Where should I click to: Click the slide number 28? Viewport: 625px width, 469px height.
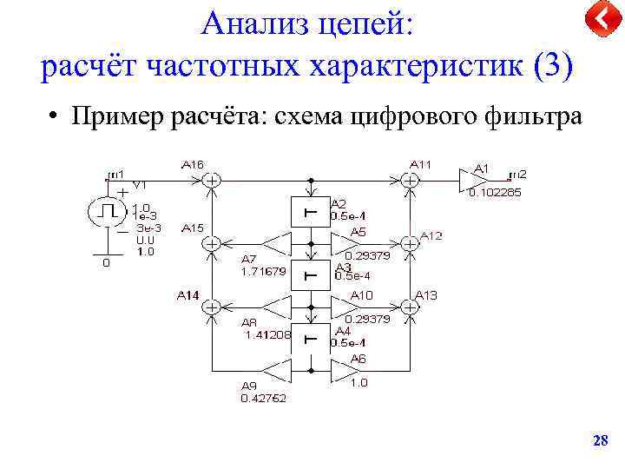(600, 441)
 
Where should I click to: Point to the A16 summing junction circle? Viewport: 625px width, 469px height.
(211, 181)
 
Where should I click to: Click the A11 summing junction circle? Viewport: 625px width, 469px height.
(411, 181)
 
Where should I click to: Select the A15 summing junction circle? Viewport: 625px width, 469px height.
(211, 244)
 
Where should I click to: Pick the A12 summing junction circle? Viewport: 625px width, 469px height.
(411, 244)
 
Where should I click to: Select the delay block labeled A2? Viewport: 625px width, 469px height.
(311, 212)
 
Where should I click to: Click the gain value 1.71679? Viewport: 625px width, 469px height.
(263, 271)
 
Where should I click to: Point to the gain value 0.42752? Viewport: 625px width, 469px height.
(263, 399)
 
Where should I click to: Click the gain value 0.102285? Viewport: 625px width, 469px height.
(495, 193)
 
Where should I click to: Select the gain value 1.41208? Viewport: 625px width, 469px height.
(267, 334)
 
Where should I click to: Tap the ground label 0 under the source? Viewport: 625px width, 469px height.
(107, 263)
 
